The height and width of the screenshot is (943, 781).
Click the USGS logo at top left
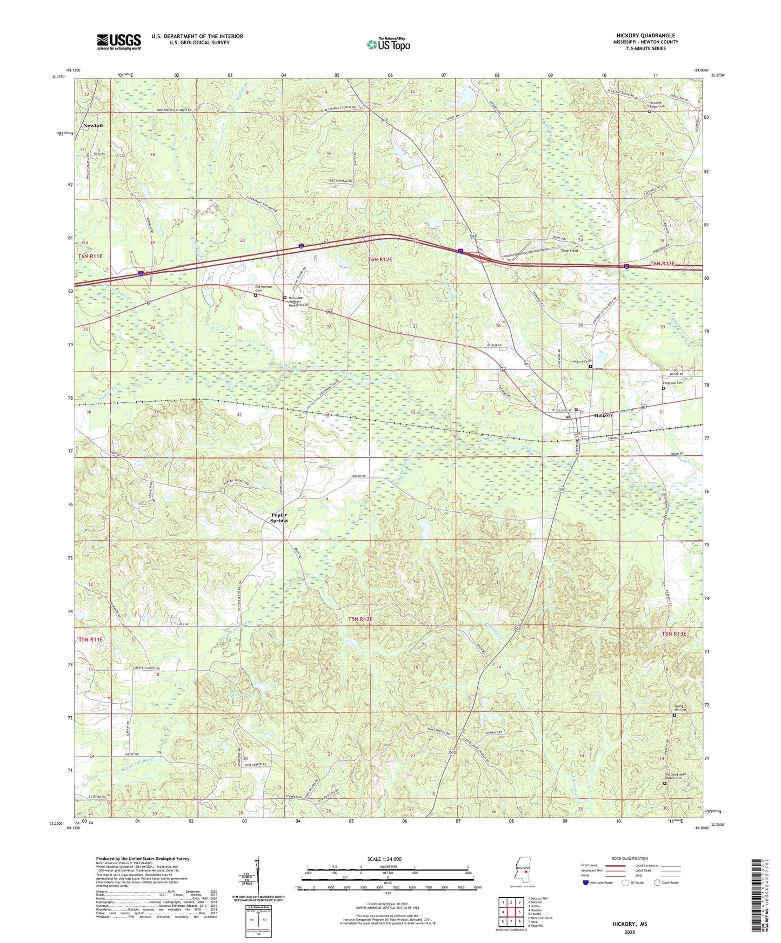119,42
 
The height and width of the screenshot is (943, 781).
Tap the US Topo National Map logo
388,44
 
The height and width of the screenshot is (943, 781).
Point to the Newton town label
92,125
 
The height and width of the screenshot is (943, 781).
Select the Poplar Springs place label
279,517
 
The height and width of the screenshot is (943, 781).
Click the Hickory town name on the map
603,415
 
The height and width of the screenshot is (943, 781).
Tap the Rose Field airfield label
569,251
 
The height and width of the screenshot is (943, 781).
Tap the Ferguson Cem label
673,383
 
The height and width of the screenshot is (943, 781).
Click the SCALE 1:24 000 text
384,859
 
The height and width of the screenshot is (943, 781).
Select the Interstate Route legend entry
599,883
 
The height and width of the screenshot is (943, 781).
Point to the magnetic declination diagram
258,877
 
